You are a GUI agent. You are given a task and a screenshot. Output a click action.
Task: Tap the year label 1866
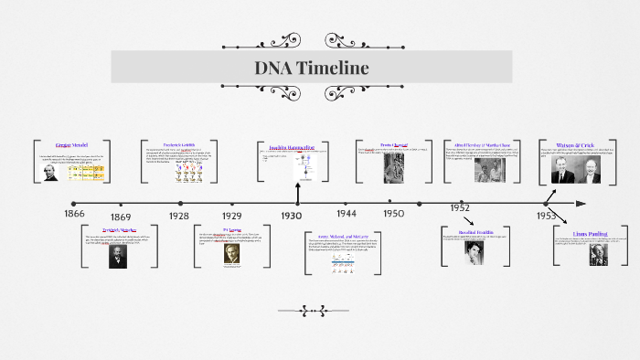(x=75, y=213)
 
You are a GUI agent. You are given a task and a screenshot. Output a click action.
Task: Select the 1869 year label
(x=121, y=217)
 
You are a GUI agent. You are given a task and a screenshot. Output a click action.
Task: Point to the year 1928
(x=179, y=216)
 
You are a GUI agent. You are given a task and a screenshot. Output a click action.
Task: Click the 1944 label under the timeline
(x=346, y=213)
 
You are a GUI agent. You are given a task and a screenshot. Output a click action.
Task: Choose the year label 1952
(x=460, y=208)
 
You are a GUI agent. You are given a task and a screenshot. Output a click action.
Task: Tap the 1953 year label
(x=546, y=216)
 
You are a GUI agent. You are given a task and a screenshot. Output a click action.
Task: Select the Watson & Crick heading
(x=575, y=145)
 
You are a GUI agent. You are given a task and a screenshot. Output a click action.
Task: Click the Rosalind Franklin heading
(x=475, y=233)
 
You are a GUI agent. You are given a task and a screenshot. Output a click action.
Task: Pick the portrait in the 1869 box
(x=118, y=257)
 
